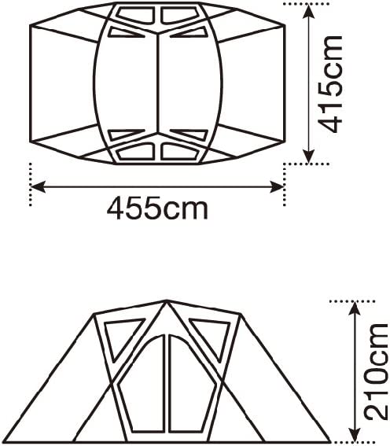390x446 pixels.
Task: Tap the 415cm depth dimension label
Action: click(329, 84)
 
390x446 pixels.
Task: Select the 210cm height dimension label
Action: click(377, 372)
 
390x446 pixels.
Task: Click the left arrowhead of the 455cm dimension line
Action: click(38, 186)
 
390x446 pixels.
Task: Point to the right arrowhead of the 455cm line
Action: click(277, 186)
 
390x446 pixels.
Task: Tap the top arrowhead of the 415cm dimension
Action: click(308, 11)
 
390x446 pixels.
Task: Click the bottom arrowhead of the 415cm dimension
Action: click(308, 157)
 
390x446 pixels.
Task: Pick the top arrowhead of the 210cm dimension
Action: click(354, 308)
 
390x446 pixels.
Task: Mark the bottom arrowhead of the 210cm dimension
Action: click(354, 435)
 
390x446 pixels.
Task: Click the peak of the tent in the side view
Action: click(167, 300)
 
